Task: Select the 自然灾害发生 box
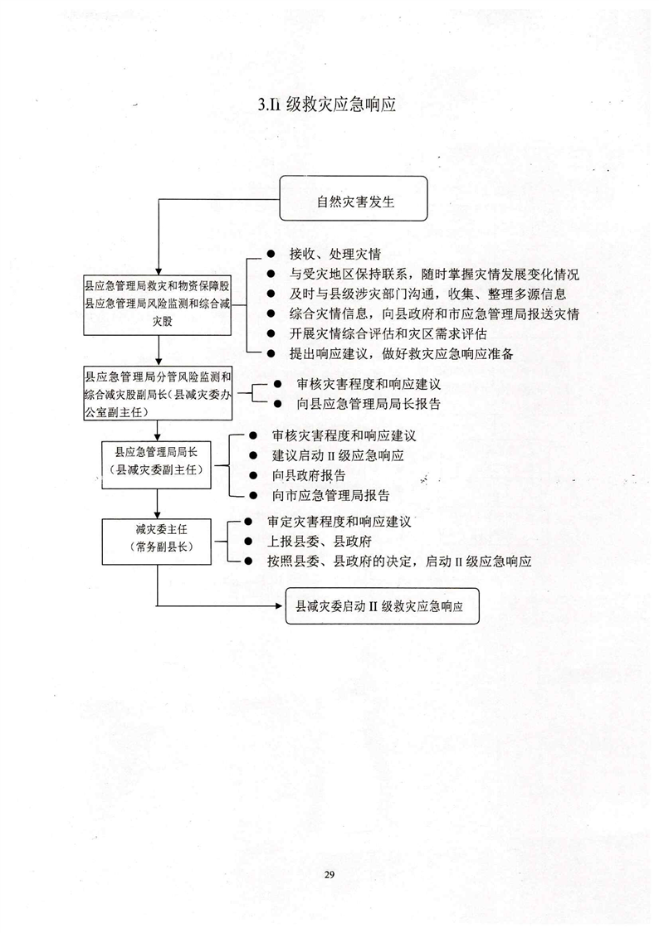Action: (354, 199)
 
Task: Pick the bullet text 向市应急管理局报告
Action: (330, 496)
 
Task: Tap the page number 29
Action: (329, 874)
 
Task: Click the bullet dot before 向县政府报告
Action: (254, 476)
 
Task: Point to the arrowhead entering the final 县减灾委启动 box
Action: (279, 606)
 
